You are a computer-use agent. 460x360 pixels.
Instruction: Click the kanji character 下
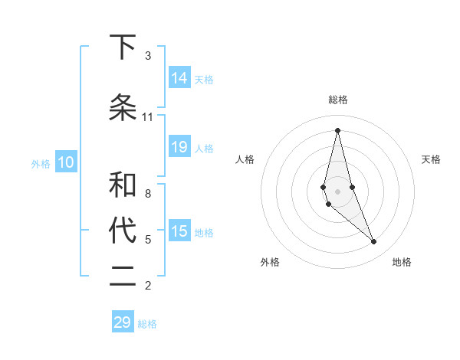point(123,47)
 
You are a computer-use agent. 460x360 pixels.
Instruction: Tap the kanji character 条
point(123,108)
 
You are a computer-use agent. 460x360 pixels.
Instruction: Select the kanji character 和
point(123,185)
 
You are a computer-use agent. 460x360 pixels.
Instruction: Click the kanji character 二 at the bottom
point(123,277)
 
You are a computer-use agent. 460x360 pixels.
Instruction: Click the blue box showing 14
point(179,77)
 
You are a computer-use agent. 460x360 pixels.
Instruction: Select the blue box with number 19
point(179,147)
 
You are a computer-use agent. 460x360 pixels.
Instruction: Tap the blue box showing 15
point(179,231)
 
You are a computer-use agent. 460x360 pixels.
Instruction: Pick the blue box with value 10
point(65,162)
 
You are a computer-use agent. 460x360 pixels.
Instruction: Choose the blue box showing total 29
point(123,322)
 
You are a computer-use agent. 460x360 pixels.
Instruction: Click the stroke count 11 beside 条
point(148,117)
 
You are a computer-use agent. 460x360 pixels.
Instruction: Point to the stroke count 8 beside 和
point(148,194)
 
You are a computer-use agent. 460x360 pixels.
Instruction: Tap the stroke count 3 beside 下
point(148,56)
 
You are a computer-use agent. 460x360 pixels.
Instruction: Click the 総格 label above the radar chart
point(338,100)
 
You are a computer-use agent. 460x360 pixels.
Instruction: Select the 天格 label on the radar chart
point(432,159)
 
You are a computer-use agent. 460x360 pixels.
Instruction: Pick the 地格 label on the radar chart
point(402,262)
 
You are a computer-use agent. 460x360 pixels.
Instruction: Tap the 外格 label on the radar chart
point(270,262)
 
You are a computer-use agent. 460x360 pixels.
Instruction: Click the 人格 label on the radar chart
point(245,159)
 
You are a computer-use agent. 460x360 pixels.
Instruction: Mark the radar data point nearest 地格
point(374,242)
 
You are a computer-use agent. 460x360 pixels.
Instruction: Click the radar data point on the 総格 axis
point(338,129)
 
